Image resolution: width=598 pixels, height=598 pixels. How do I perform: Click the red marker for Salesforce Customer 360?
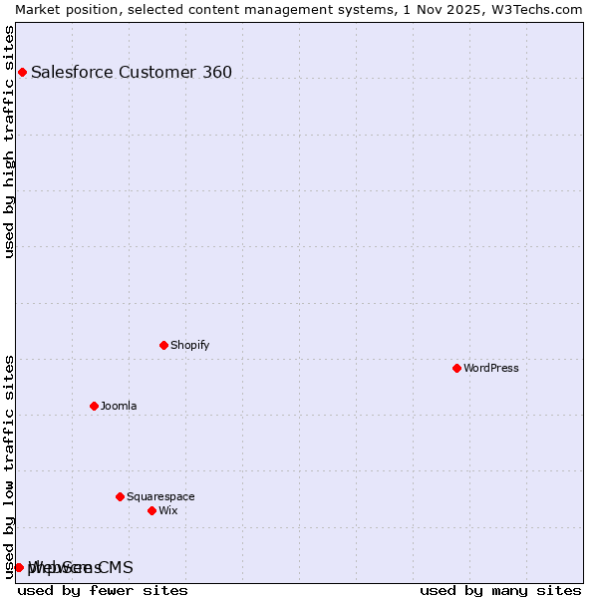pyautogui.click(x=22, y=72)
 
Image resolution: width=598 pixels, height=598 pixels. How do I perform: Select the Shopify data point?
pyautogui.click(x=163, y=345)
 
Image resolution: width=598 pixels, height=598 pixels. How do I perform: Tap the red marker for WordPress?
pyautogui.click(x=456, y=368)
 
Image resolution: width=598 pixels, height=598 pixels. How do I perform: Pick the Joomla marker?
pyautogui.click(x=94, y=406)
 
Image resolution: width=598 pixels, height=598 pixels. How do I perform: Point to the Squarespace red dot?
pyautogui.click(x=120, y=496)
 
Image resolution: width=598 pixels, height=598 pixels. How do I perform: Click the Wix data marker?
pyautogui.click(x=151, y=510)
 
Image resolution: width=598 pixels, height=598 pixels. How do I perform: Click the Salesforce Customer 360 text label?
pyautogui.click(x=132, y=72)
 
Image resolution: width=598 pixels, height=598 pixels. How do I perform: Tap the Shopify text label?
pyautogui.click(x=189, y=345)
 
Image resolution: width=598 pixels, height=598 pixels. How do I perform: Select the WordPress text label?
pyautogui.click(x=490, y=368)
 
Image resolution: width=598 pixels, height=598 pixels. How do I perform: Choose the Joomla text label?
pyautogui.click(x=119, y=406)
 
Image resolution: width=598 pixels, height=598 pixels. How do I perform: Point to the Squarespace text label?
pyautogui.click(x=160, y=496)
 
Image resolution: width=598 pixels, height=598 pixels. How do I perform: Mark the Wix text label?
pyautogui.click(x=167, y=510)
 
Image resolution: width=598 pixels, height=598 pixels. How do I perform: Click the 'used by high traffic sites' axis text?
pyautogui.click(x=10, y=142)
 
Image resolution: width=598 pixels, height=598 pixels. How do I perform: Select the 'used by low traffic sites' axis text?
pyautogui.click(x=10, y=465)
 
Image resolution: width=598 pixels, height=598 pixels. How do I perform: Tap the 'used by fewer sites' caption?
pyautogui.click(x=103, y=590)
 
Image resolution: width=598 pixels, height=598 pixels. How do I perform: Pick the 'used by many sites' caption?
pyautogui.click(x=500, y=590)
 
